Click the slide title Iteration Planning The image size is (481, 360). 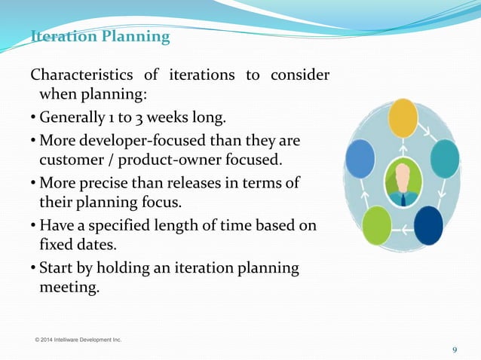pyautogui.click(x=100, y=36)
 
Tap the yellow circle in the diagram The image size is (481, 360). pyautogui.click(x=403, y=118)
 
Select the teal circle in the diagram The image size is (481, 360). pyautogui.click(x=445, y=159)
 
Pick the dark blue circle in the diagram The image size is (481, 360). pyautogui.click(x=429, y=225)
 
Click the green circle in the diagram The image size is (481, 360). pyautogui.click(x=377, y=225)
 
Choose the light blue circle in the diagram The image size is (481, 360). pyautogui.click(x=360, y=159)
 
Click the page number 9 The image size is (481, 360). pyautogui.click(x=455, y=349)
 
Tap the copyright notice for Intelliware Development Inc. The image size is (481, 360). pyautogui.click(x=78, y=340)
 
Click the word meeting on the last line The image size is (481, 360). pyautogui.click(x=69, y=288)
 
